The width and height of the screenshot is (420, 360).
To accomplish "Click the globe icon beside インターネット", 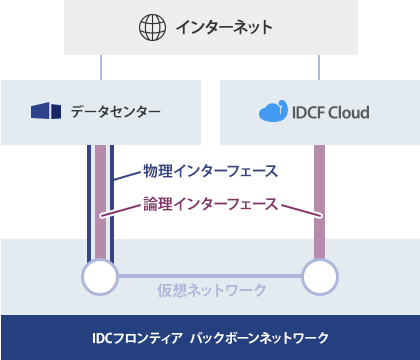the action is coord(152,27).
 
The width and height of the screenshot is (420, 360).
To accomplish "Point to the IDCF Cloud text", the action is coord(329,111).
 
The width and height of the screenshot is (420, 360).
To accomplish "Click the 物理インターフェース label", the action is coord(210,169).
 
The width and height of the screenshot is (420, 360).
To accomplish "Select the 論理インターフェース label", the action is coord(210,204).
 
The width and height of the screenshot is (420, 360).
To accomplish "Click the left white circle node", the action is coord(99,276).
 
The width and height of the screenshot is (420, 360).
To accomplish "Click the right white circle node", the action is coord(320,276).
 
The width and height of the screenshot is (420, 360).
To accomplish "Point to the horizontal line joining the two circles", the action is coord(210,276).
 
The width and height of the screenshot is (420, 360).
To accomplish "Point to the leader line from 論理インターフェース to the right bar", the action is coord(300,211).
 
